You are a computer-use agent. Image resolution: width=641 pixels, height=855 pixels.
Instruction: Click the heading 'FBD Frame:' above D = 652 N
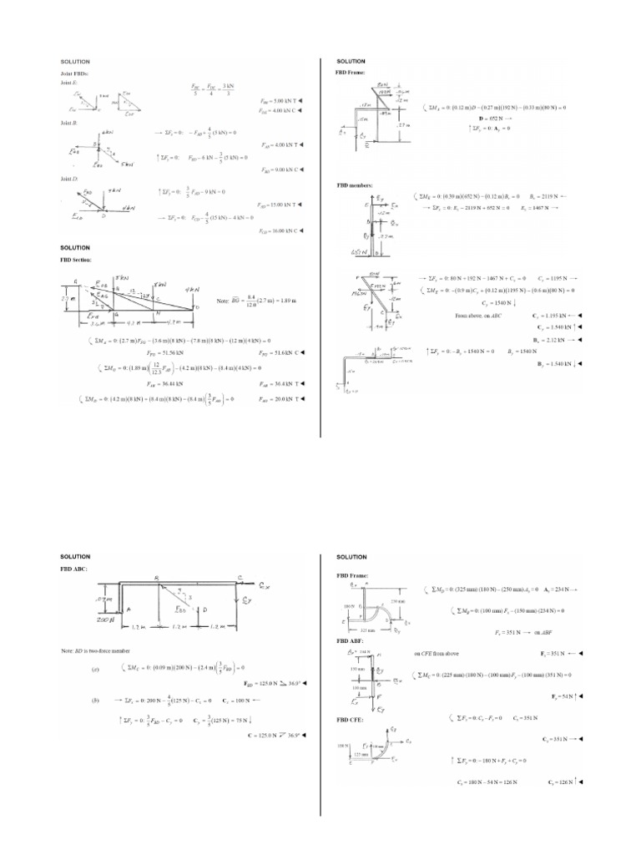click(x=350, y=73)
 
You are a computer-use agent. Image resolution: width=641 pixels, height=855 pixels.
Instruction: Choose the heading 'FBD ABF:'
click(x=350, y=640)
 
